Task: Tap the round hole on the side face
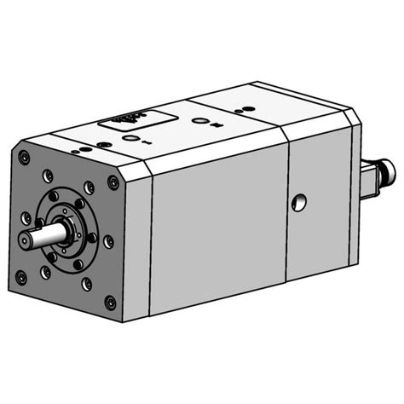(x=297, y=202)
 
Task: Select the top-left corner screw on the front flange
(x=24, y=157)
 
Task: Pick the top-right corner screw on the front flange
(x=113, y=182)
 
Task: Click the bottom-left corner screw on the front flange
(x=20, y=276)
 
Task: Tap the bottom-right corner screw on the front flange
(x=110, y=302)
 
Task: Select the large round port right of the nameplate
(x=199, y=122)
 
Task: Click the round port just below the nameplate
(x=130, y=138)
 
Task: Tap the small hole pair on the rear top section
(x=242, y=110)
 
